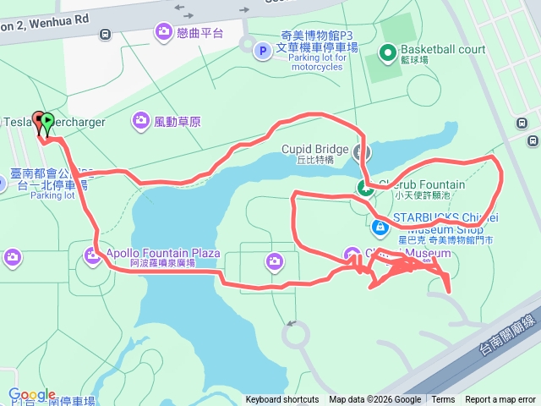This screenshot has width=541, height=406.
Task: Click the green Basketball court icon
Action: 388,53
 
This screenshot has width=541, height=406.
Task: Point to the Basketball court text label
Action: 443,49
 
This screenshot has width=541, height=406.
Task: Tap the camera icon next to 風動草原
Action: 140,122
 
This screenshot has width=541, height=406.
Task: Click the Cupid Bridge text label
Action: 314,150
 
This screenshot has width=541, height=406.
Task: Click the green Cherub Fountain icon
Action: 364,188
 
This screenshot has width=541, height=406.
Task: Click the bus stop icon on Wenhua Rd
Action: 105,35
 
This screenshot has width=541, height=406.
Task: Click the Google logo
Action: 32,395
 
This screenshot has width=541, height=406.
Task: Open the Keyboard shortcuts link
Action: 282,400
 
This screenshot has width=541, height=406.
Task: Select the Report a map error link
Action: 500,400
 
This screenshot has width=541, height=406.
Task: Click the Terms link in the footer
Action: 443,400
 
